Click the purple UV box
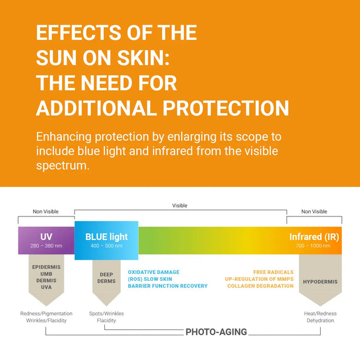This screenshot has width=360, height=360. pos(46,240)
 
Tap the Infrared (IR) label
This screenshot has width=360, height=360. pos(314,237)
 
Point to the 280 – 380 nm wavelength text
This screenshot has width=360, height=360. pos(46,246)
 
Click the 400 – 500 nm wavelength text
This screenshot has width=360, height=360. pos(106,246)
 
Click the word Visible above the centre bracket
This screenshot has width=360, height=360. pos(179,206)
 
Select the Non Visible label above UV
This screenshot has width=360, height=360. pos(46,212)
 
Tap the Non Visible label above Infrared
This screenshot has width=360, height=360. pos(314,212)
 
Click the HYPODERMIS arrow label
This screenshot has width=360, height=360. pos(320,281)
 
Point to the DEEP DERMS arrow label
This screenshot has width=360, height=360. pos(106,277)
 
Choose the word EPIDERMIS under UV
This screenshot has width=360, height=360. pos(46,267)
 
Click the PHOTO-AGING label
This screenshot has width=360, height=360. pos(216,332)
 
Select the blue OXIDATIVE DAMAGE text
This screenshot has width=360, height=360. pos(154,272)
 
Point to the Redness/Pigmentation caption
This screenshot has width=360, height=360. pos(46,314)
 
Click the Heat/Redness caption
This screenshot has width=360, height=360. pos(320,314)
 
